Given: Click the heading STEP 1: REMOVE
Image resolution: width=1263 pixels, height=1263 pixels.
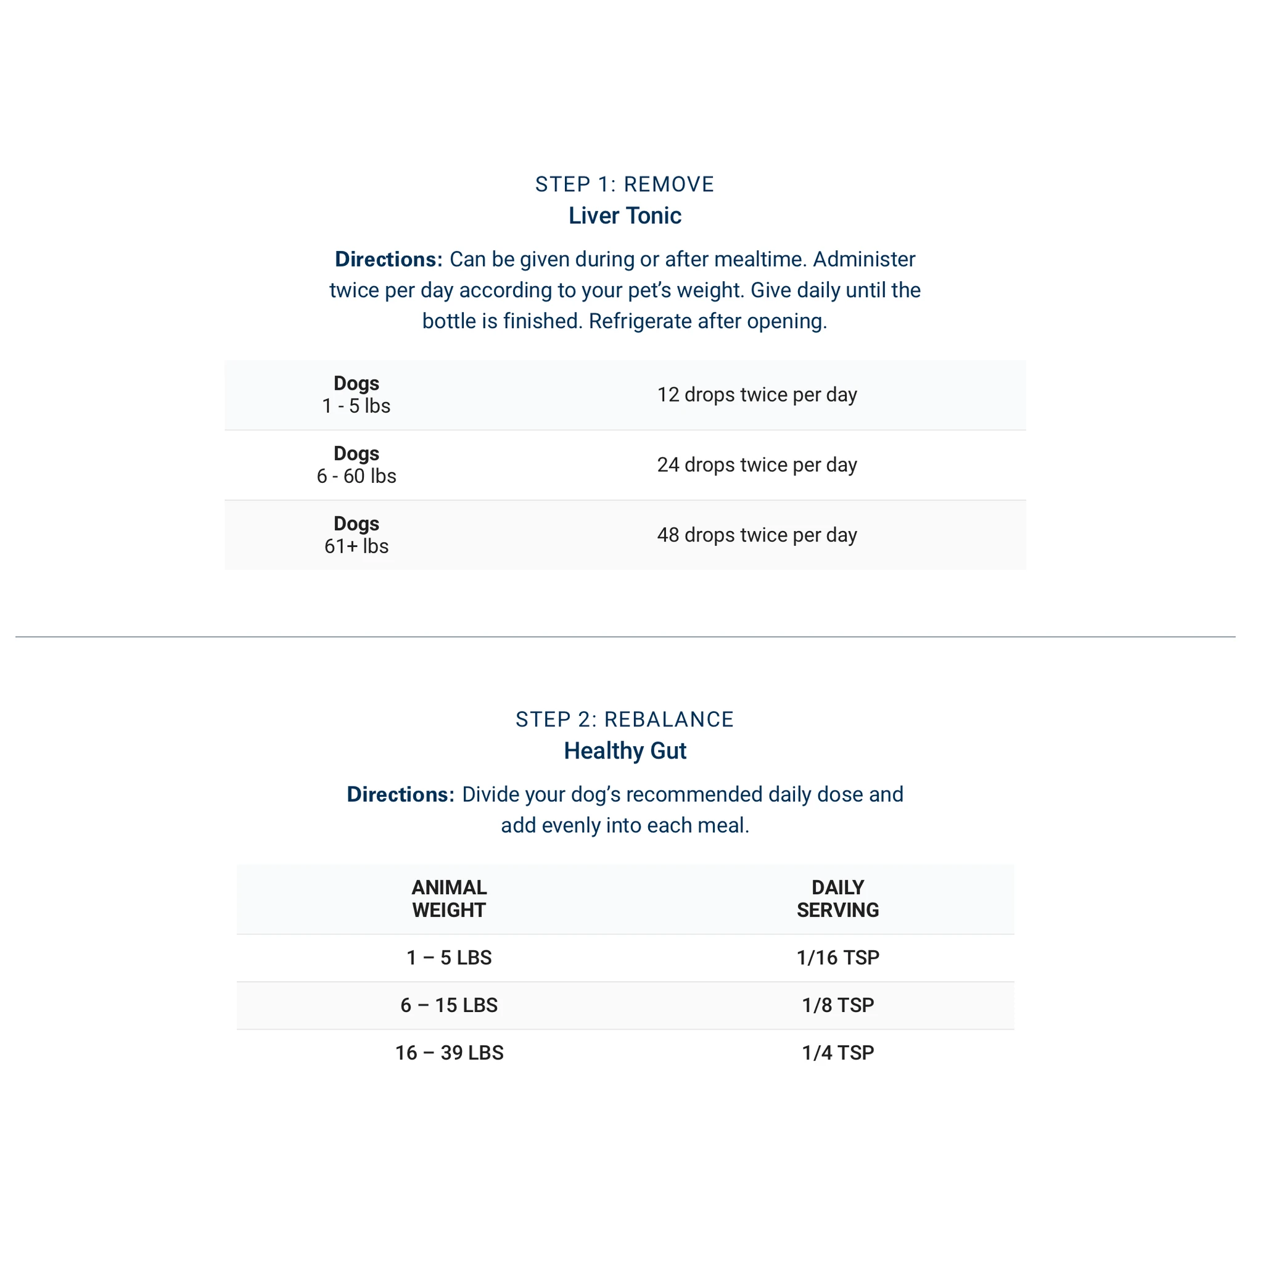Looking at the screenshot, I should (624, 184).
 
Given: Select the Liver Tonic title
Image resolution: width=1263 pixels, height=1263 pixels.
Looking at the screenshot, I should (624, 216).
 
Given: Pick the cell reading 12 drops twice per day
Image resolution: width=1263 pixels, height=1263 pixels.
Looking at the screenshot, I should (756, 395).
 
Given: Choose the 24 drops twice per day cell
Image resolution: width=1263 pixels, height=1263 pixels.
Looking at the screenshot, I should (756, 465).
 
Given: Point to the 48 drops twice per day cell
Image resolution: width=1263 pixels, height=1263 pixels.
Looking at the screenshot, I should (756, 535).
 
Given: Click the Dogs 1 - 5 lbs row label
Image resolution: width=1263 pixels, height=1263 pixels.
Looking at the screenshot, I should (356, 395).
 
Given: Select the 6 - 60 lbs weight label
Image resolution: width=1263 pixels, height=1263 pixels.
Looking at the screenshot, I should (356, 476).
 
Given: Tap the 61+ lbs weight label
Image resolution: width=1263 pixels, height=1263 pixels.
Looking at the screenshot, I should (356, 546).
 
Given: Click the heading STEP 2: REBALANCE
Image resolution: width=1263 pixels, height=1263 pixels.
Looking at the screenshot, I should (624, 719).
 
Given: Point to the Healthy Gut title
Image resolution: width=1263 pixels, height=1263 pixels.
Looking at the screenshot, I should (624, 751).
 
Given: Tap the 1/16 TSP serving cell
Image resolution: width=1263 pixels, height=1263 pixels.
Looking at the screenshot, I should (837, 958).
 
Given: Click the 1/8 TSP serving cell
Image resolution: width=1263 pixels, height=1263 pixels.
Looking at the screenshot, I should (837, 1005).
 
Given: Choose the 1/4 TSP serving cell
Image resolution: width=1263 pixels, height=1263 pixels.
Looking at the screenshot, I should (837, 1053).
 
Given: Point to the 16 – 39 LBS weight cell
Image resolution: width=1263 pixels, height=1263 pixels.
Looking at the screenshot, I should (449, 1053).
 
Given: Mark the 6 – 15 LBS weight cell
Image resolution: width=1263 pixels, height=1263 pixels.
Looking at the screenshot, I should (449, 1005).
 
